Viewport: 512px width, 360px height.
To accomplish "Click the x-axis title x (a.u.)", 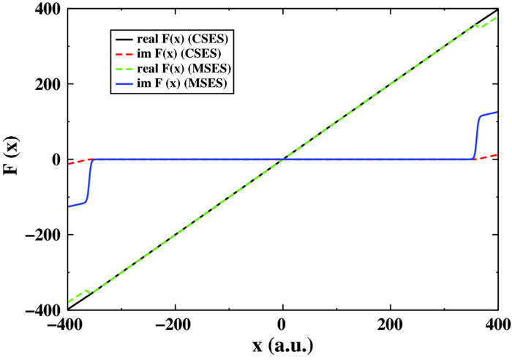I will [283, 347].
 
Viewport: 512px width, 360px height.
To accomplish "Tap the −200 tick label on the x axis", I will [173, 325].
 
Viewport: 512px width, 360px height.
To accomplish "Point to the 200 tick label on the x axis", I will [390, 325].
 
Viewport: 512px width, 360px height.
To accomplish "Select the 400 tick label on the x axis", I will [497, 325].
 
